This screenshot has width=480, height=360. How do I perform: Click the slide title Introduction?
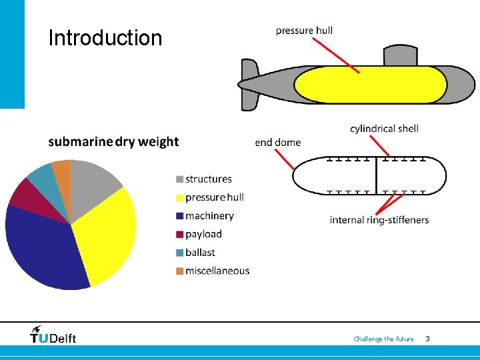tap(105, 37)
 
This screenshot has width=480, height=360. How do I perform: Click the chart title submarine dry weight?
tap(113, 141)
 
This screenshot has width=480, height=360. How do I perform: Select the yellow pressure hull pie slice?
tap(107, 233)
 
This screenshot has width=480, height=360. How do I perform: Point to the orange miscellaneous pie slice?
tap(62, 171)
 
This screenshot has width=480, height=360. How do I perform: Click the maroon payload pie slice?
tap(23, 193)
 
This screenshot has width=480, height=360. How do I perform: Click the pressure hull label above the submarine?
tap(304, 30)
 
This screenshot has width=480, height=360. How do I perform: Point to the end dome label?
tap(278, 142)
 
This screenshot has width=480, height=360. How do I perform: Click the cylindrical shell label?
tap(384, 128)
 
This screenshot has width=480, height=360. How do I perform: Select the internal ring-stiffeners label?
tap(379, 220)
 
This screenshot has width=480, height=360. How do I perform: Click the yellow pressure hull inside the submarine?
tap(370, 85)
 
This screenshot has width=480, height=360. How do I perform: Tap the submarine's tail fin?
tap(250, 85)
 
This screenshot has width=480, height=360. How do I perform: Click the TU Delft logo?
tap(53, 335)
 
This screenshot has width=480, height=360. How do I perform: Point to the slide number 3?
tap(427, 339)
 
